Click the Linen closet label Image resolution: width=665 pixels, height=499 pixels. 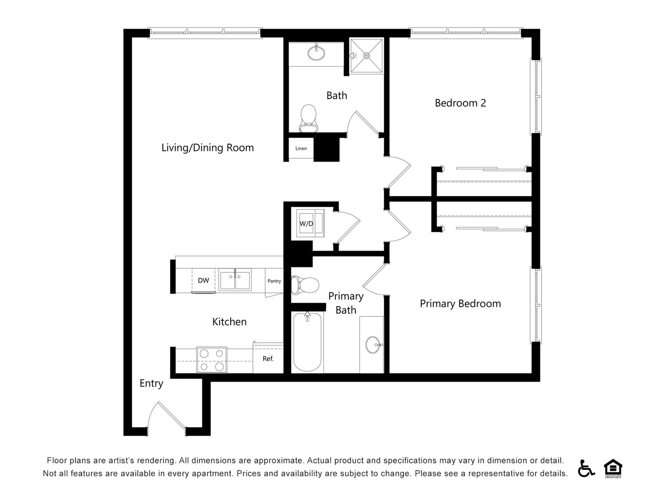tap(301, 149)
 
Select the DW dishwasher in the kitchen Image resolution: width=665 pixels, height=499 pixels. tap(204, 281)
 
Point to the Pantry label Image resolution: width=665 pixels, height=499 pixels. tap(274, 281)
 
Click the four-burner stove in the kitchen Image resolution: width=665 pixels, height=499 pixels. tap(212, 360)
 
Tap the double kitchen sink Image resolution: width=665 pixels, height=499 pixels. tap(235, 279)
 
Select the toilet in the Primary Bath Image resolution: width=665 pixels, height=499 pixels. tap(305, 285)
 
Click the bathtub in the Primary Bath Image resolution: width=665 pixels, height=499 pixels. tap(307, 342)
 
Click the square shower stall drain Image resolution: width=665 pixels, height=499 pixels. tap(367, 55)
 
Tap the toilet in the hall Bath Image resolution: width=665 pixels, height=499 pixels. tap(308, 119)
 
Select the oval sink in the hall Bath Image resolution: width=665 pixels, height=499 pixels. tap(316, 53)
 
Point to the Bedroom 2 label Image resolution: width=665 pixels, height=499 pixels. tap(460, 103)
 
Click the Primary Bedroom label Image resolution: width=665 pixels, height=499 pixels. tap(460, 304)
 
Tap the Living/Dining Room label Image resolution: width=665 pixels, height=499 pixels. tap(207, 148)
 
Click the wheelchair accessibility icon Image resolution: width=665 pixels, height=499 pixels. tap(586, 468)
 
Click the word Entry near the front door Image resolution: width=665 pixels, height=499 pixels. tap(151, 383)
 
